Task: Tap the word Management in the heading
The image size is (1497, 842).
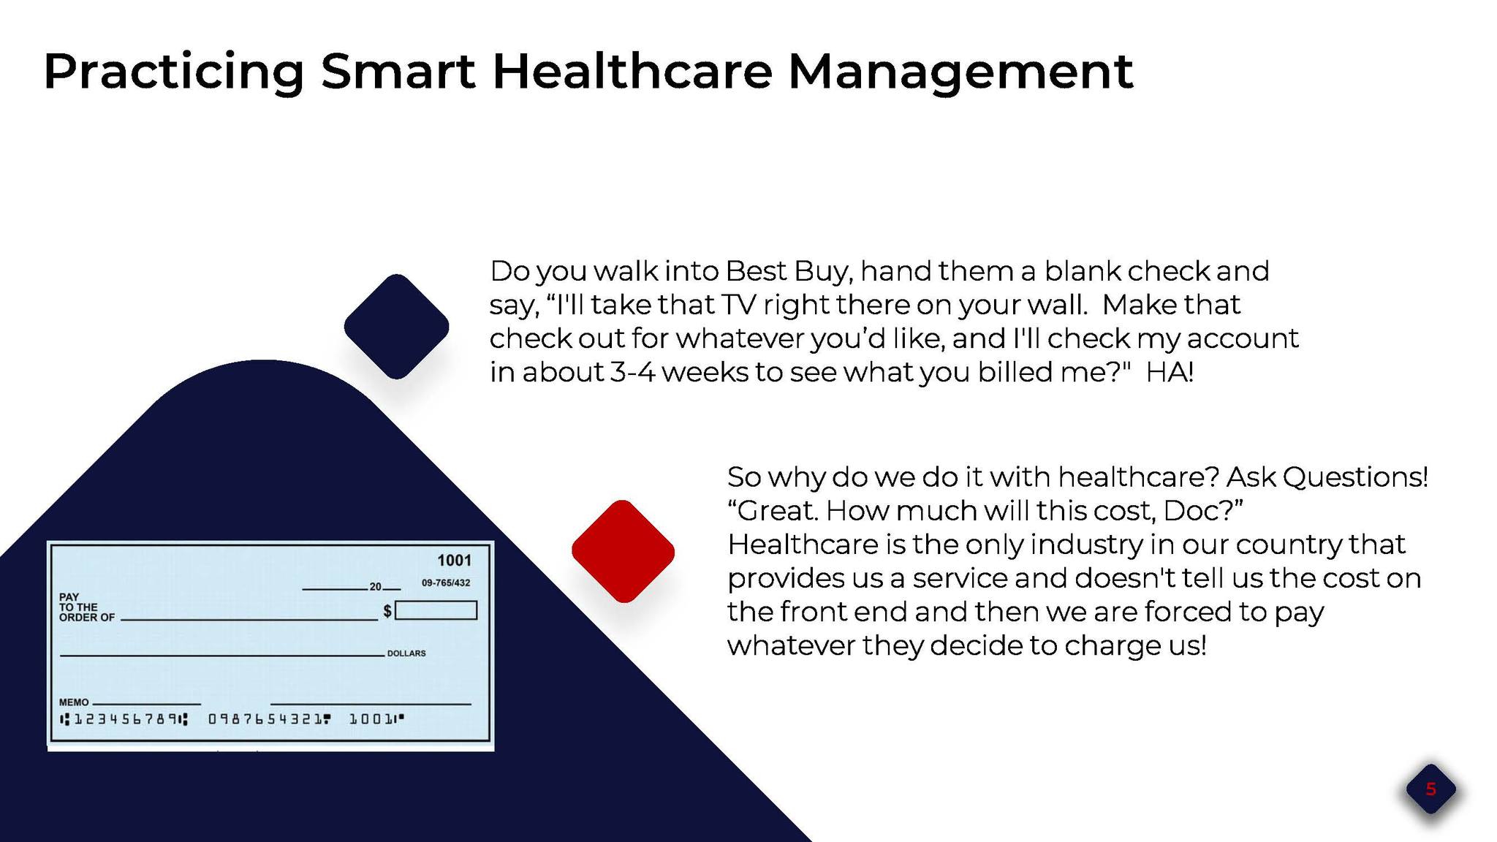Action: point(960,72)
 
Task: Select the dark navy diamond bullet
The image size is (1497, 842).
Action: point(396,327)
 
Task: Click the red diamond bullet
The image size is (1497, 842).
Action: point(623,551)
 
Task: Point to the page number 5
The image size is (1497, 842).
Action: point(1430,789)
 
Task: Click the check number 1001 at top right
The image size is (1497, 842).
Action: point(454,561)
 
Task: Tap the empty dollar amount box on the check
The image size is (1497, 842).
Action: point(436,610)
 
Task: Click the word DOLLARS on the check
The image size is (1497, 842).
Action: point(406,653)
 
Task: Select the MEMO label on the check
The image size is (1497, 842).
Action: point(74,702)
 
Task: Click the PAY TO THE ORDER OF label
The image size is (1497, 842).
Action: point(86,607)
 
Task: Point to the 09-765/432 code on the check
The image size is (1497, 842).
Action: point(446,583)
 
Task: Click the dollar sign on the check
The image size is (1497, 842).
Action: point(387,611)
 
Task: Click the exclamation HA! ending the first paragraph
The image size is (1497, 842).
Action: point(1170,373)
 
